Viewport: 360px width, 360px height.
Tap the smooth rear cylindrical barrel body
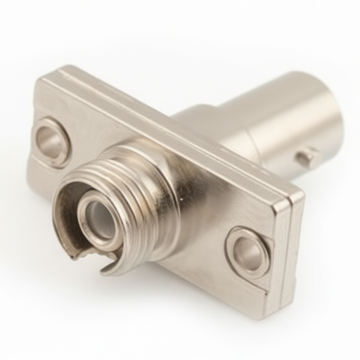tap(281, 120)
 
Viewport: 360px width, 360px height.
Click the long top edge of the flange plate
tap(176, 127)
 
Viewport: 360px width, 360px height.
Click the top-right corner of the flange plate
tap(302, 193)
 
